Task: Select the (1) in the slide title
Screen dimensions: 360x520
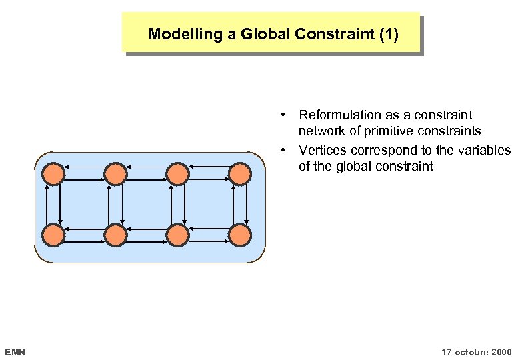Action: [x=387, y=34]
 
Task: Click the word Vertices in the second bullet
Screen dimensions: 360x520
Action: [x=323, y=150]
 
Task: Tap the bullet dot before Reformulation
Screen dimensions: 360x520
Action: [x=284, y=115]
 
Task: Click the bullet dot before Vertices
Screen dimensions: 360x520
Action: [x=284, y=150]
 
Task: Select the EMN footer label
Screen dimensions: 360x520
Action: [x=15, y=351]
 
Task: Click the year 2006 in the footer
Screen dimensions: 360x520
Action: [x=500, y=351]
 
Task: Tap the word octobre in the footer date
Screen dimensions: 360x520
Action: [x=471, y=351]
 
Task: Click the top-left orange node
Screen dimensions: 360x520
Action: [x=54, y=174]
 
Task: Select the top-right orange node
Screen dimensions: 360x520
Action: [x=239, y=174]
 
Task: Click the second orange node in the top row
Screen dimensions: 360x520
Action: [x=115, y=174]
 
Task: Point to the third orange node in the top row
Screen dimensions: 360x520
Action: [x=177, y=174]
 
